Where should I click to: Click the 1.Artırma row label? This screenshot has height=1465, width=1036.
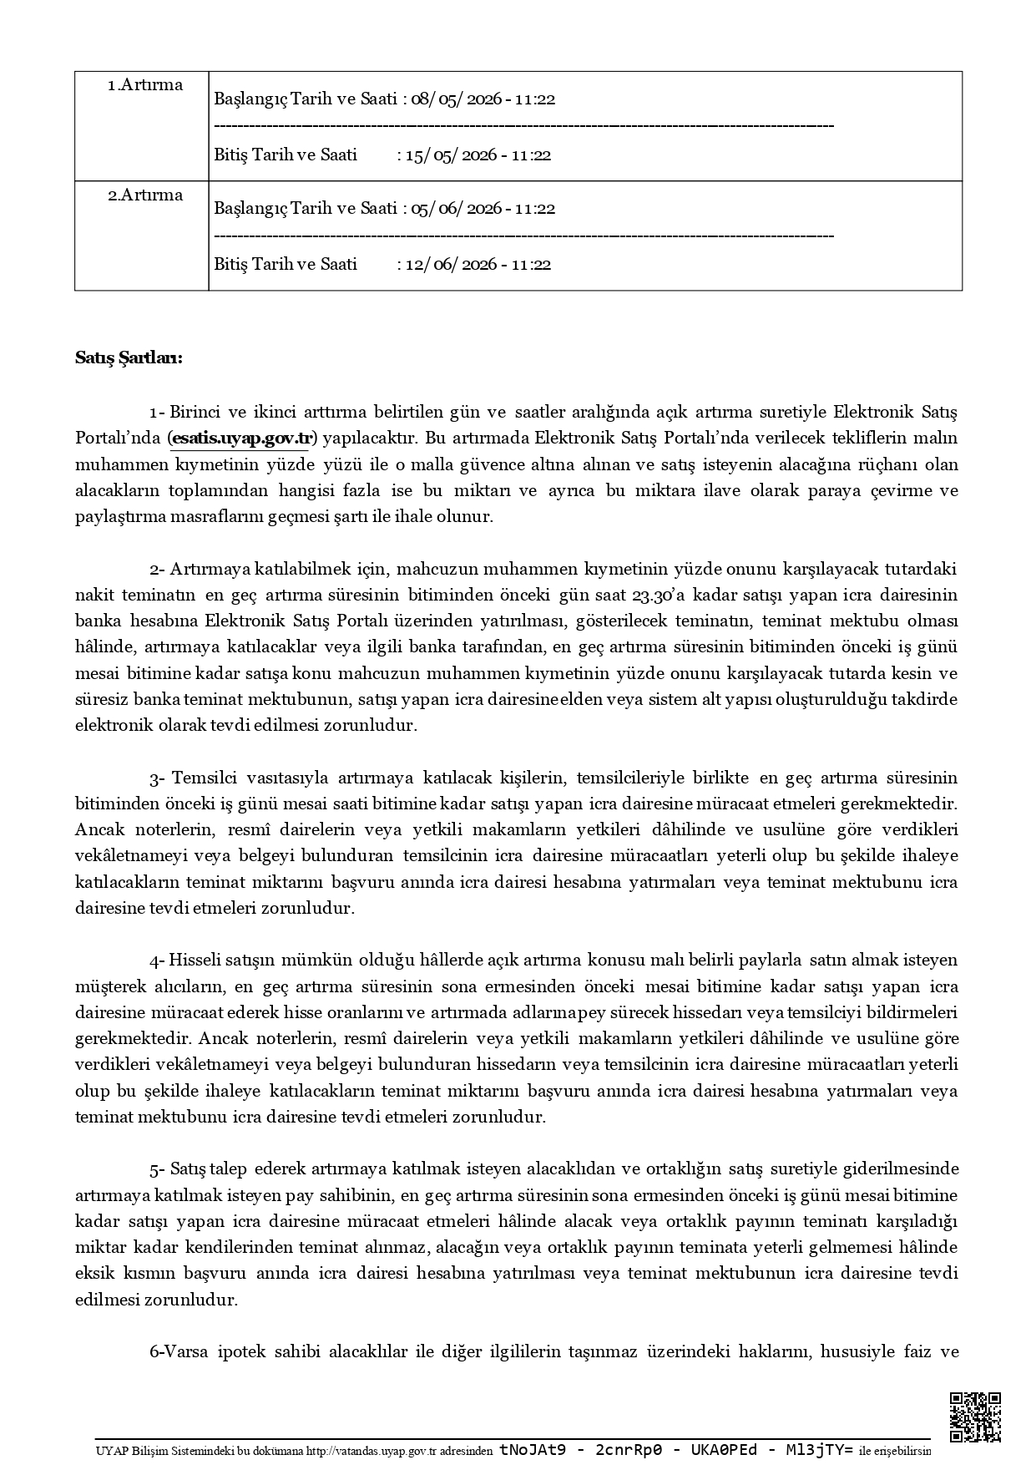pos(144,85)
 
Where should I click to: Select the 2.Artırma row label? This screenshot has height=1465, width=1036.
pos(144,195)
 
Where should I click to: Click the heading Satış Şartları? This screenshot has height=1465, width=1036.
pos(129,358)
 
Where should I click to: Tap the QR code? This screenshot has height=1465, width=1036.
pos(975,1417)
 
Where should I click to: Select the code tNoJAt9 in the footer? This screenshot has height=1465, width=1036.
pos(532,1450)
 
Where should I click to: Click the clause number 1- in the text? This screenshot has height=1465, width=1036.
pos(157,413)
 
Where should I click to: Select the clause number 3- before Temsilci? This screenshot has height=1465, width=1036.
pos(157,778)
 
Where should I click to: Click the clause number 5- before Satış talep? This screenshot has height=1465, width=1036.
pos(157,1168)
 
